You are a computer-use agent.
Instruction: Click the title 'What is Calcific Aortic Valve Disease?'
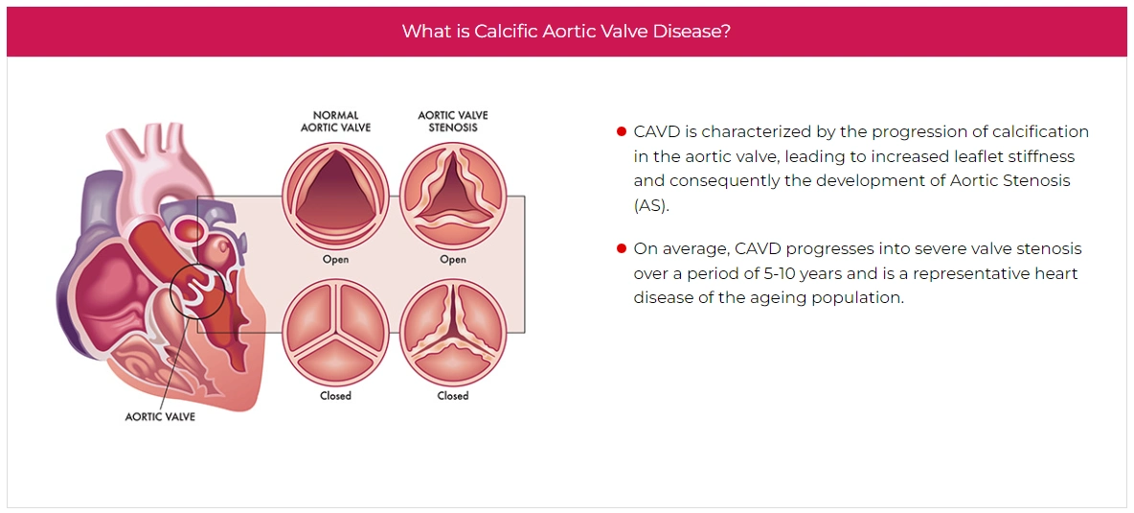pyautogui.click(x=566, y=32)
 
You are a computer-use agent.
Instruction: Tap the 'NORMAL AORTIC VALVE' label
pyautogui.click(x=335, y=121)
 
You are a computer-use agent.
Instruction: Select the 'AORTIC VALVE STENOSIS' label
pyautogui.click(x=453, y=121)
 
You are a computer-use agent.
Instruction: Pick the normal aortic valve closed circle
pyautogui.click(x=335, y=331)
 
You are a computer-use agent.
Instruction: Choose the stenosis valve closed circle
pyautogui.click(x=453, y=331)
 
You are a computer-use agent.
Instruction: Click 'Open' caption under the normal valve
pyautogui.click(x=335, y=260)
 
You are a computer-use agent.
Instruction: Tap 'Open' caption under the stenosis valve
pyautogui.click(x=453, y=260)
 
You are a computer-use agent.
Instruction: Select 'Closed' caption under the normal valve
pyautogui.click(x=335, y=396)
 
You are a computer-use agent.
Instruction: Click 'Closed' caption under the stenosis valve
pyautogui.click(x=453, y=396)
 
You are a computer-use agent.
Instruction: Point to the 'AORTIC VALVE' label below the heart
pyautogui.click(x=160, y=417)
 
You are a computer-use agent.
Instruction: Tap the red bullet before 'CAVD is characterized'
pyautogui.click(x=621, y=131)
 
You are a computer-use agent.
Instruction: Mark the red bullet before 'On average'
pyautogui.click(x=621, y=248)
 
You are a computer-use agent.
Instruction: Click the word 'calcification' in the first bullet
pyautogui.click(x=1040, y=131)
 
